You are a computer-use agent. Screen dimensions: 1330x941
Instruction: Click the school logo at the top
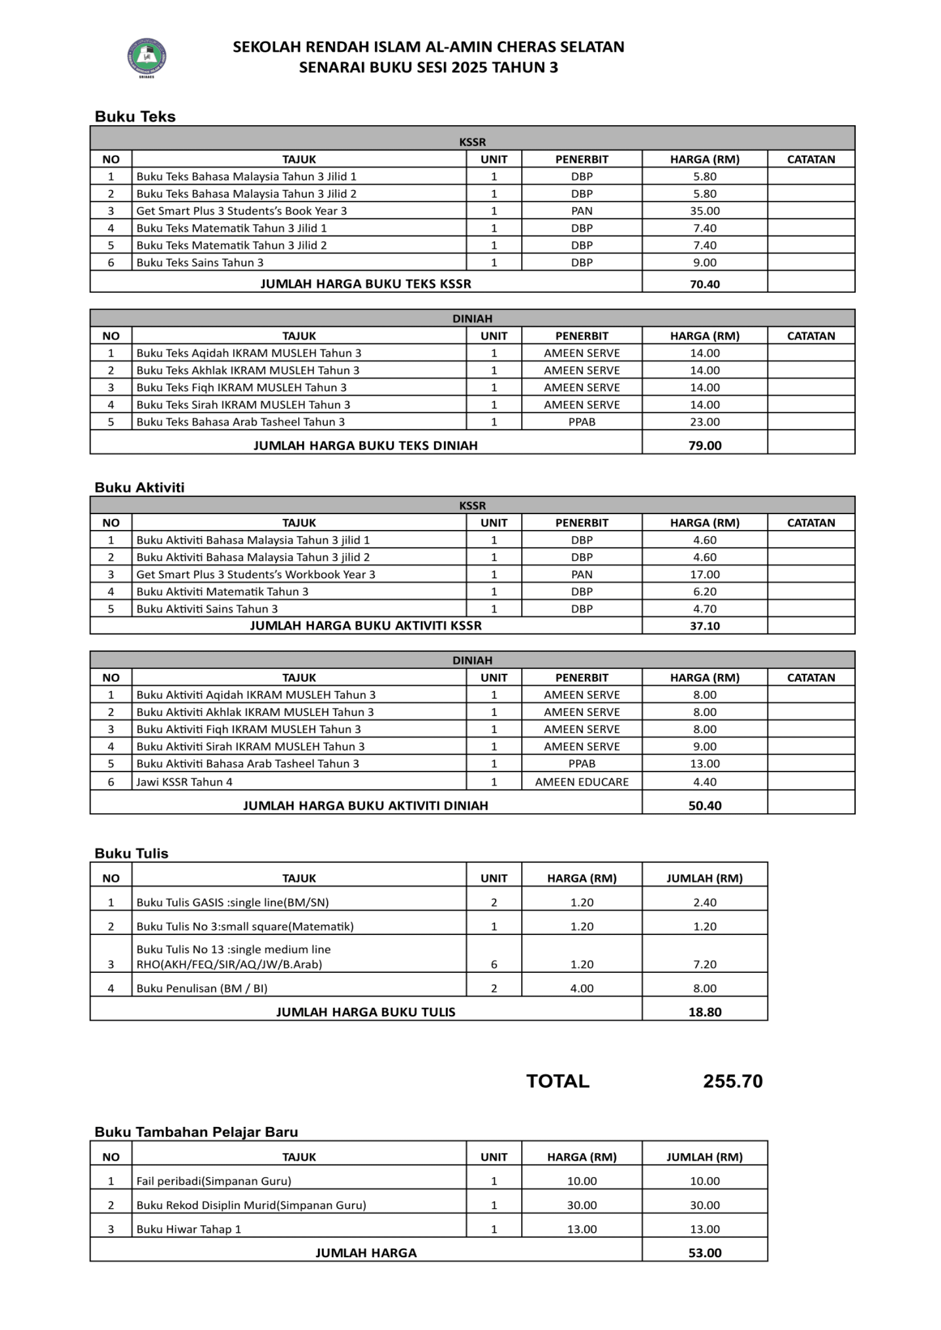click(x=147, y=57)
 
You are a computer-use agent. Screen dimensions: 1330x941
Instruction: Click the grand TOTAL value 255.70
click(x=732, y=1082)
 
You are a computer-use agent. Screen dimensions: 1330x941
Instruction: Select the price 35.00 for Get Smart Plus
click(x=704, y=211)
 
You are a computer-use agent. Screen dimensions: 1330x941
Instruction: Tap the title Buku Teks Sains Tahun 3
click(x=200, y=262)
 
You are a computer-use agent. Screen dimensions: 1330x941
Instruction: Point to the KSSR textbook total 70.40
click(x=704, y=284)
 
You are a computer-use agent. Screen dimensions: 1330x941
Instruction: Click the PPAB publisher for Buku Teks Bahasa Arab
click(x=582, y=422)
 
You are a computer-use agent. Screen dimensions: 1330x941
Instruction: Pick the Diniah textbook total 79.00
click(x=704, y=445)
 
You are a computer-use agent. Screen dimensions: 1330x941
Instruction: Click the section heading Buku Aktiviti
click(x=139, y=487)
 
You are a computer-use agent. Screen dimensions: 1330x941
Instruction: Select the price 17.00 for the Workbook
click(x=704, y=574)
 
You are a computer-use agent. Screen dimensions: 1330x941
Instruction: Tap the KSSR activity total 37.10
click(x=704, y=625)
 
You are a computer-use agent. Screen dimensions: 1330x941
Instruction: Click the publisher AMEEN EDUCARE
click(x=582, y=781)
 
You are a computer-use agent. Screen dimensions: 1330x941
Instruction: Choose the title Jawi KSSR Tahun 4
click(x=184, y=781)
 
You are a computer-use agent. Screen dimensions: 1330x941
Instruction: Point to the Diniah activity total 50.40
click(x=704, y=805)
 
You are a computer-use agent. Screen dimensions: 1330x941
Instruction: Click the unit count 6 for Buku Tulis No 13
click(x=494, y=964)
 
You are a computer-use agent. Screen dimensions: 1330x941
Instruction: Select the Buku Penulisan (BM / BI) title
click(x=201, y=988)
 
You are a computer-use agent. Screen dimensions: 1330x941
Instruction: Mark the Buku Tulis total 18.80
click(x=704, y=1012)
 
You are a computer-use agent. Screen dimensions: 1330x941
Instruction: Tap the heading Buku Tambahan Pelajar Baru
click(x=196, y=1132)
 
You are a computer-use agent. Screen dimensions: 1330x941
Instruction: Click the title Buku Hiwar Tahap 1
click(x=188, y=1229)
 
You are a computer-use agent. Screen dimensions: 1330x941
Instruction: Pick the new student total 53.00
click(x=704, y=1253)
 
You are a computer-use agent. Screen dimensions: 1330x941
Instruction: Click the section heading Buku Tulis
click(x=131, y=853)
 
